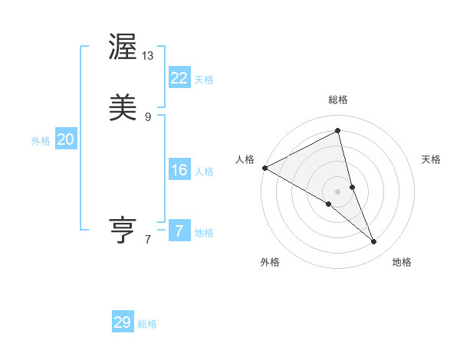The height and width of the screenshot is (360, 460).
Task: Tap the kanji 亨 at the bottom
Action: click(x=123, y=231)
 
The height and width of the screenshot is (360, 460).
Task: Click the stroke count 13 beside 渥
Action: click(x=149, y=55)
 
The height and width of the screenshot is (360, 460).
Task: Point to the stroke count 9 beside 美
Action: click(x=148, y=116)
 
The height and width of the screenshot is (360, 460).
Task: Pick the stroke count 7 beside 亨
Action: click(x=148, y=240)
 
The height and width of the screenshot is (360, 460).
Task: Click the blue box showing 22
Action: click(x=179, y=77)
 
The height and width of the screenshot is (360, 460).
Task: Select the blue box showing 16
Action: click(x=179, y=170)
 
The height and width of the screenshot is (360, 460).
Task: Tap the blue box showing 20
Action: click(x=66, y=139)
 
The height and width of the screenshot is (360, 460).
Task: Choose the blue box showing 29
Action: click(x=123, y=322)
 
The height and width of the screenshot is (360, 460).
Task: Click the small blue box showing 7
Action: click(x=179, y=231)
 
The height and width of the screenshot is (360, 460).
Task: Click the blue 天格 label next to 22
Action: click(x=204, y=80)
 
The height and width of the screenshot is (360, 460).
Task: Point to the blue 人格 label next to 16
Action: click(x=204, y=172)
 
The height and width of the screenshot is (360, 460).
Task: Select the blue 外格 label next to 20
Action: click(x=41, y=141)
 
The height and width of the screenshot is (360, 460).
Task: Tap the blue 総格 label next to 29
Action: click(x=147, y=324)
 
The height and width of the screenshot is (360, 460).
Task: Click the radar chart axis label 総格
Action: click(x=338, y=100)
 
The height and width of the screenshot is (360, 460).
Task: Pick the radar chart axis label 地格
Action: click(x=402, y=262)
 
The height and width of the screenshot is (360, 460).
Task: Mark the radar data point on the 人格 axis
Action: click(x=264, y=168)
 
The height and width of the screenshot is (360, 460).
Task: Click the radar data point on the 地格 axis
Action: click(x=374, y=241)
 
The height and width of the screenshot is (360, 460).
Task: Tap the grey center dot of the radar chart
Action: click(x=338, y=191)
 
